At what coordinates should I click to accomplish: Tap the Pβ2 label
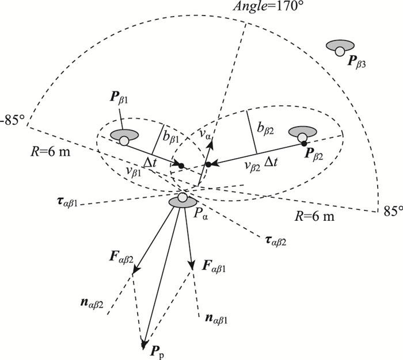point(322,152)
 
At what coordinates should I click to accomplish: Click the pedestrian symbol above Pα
point(183,200)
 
